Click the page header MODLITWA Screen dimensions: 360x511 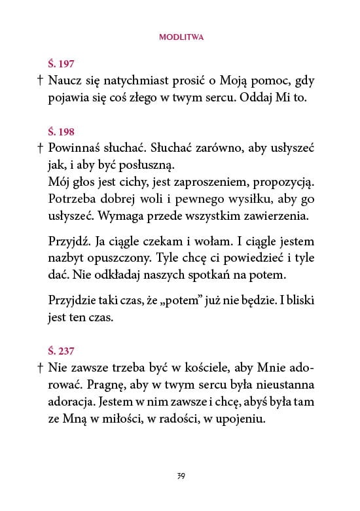click(181, 38)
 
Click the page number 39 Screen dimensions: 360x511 click(181, 475)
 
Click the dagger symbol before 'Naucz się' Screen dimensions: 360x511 click(40, 81)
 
